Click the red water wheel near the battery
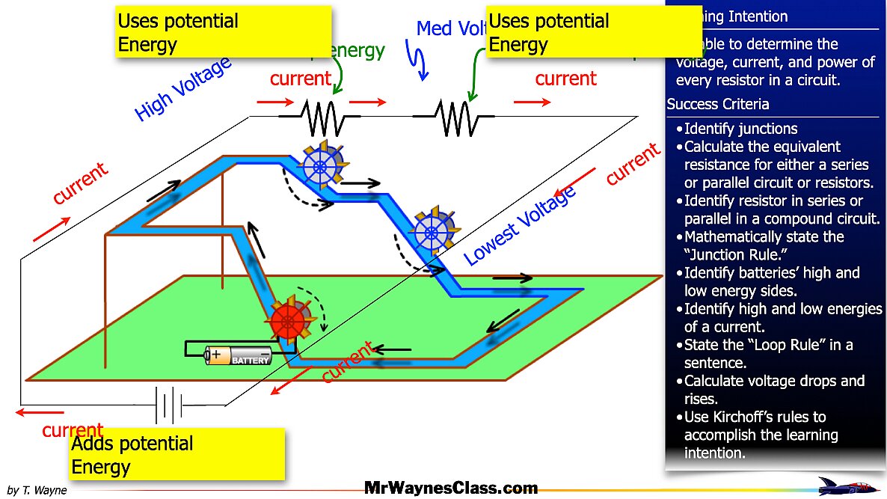pyautogui.click(x=286, y=321)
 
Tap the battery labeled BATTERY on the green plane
pyautogui.click(x=239, y=355)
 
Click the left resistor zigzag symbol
pyautogui.click(x=319, y=117)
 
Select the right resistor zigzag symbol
pyautogui.click(x=453, y=117)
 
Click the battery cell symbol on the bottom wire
pyautogui.click(x=169, y=405)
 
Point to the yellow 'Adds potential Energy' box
pyautogui.click(x=177, y=454)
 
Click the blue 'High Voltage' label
pyautogui.click(x=182, y=90)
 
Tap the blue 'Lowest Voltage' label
pyautogui.click(x=520, y=225)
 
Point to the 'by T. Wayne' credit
pyautogui.click(x=37, y=490)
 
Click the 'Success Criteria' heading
pyautogui.click(x=718, y=104)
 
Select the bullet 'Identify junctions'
pyautogui.click(x=740, y=129)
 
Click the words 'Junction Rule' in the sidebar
pyautogui.click(x=729, y=254)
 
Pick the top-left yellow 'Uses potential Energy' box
pyautogui.click(x=224, y=32)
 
